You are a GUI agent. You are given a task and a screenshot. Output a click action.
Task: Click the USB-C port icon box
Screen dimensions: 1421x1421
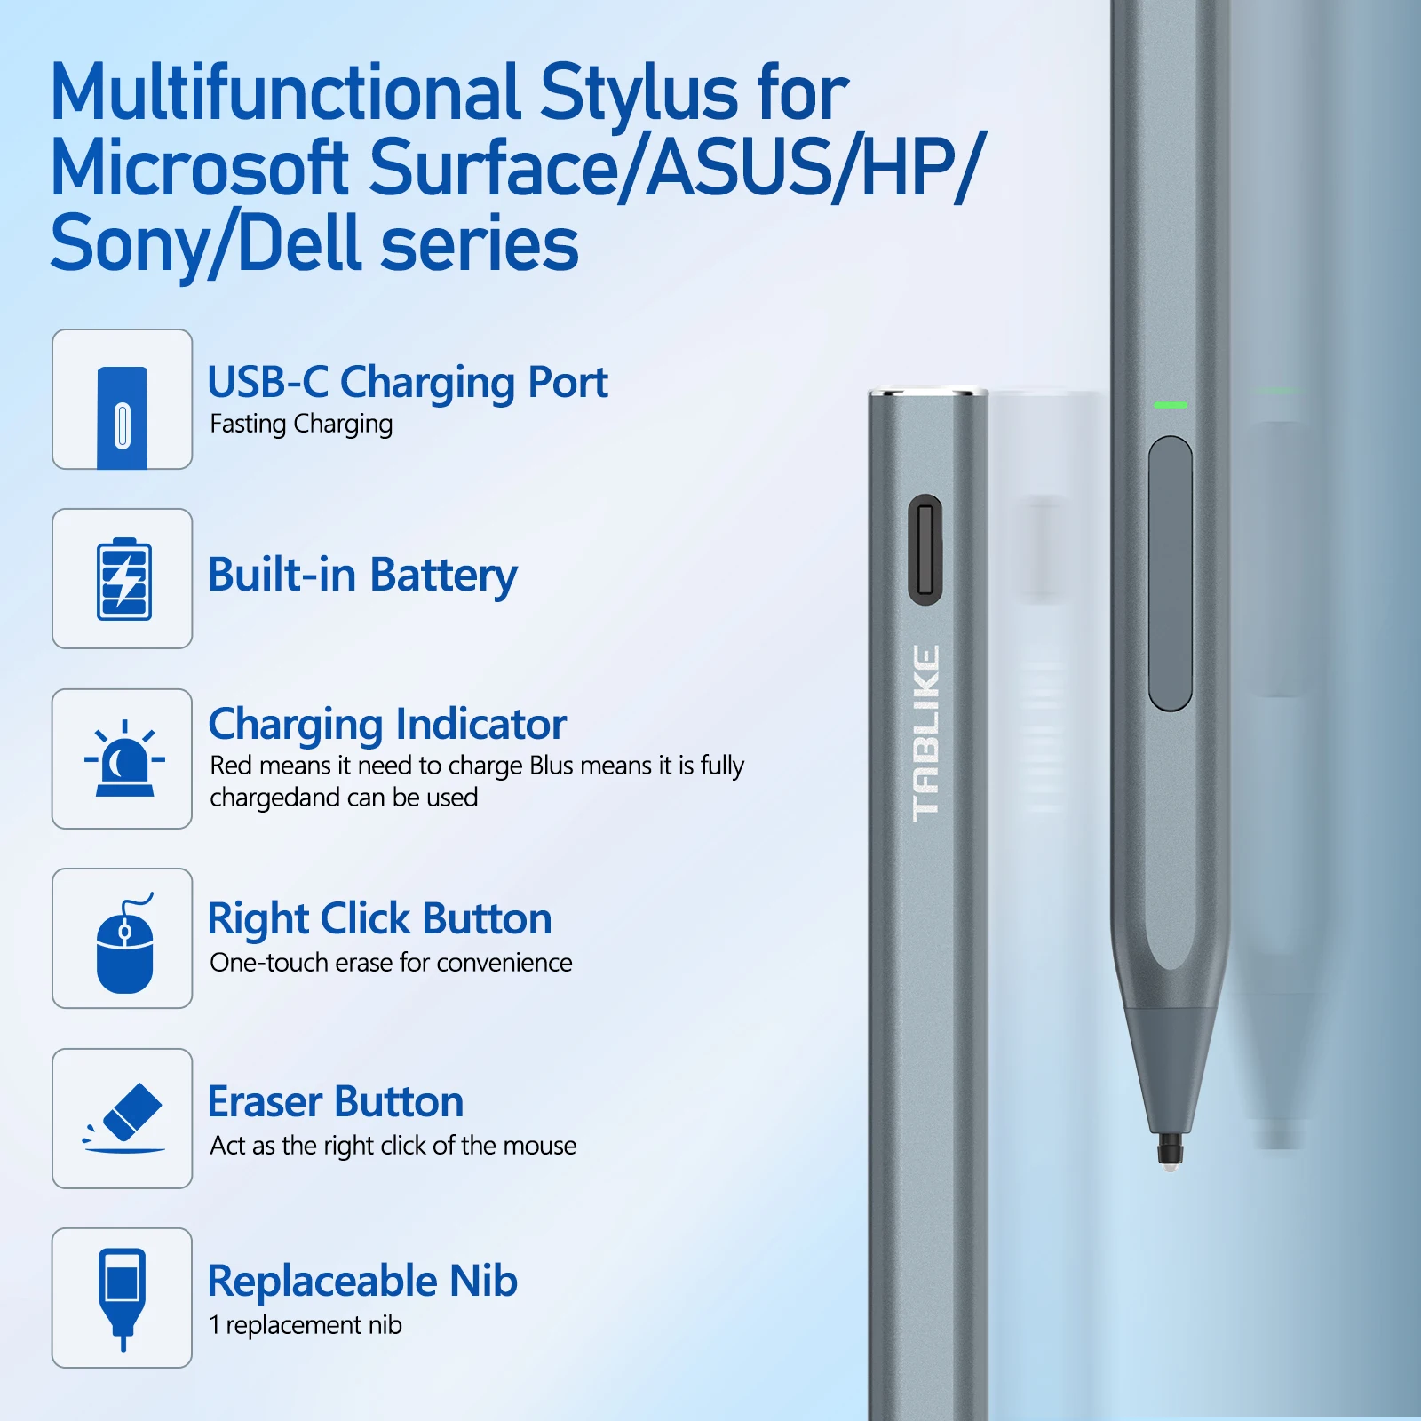click(x=123, y=400)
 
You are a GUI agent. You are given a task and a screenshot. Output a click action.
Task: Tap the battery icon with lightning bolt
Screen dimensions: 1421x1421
click(x=124, y=579)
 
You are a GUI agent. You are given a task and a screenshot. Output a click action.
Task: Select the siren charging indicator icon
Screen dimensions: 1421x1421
click(x=124, y=758)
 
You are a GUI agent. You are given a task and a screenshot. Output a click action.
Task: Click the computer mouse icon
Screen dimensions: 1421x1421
click(x=125, y=943)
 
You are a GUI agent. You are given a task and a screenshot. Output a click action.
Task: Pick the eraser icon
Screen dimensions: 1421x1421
click(x=125, y=1117)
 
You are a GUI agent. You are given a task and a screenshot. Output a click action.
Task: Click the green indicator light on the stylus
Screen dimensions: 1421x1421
click(x=1171, y=405)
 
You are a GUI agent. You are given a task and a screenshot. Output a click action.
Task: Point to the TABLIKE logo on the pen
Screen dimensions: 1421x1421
click(x=925, y=733)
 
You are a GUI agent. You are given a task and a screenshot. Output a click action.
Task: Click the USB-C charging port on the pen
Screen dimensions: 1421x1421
click(x=925, y=550)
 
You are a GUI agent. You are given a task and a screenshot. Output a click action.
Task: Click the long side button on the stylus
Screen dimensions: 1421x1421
click(x=1171, y=574)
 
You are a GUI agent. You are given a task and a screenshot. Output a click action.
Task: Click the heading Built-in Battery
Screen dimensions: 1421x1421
click(x=362, y=576)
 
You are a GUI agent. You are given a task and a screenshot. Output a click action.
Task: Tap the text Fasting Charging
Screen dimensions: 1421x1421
click(x=301, y=425)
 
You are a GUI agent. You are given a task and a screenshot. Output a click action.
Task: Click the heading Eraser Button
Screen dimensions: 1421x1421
click(x=336, y=1102)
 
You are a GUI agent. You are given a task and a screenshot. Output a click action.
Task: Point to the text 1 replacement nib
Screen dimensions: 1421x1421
click(x=306, y=1325)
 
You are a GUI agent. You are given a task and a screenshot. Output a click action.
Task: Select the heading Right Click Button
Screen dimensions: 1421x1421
click(x=380, y=919)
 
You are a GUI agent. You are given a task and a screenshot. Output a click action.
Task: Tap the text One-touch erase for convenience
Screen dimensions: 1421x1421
click(x=391, y=963)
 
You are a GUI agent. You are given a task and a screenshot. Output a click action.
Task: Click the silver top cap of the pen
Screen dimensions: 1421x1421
click(x=927, y=392)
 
